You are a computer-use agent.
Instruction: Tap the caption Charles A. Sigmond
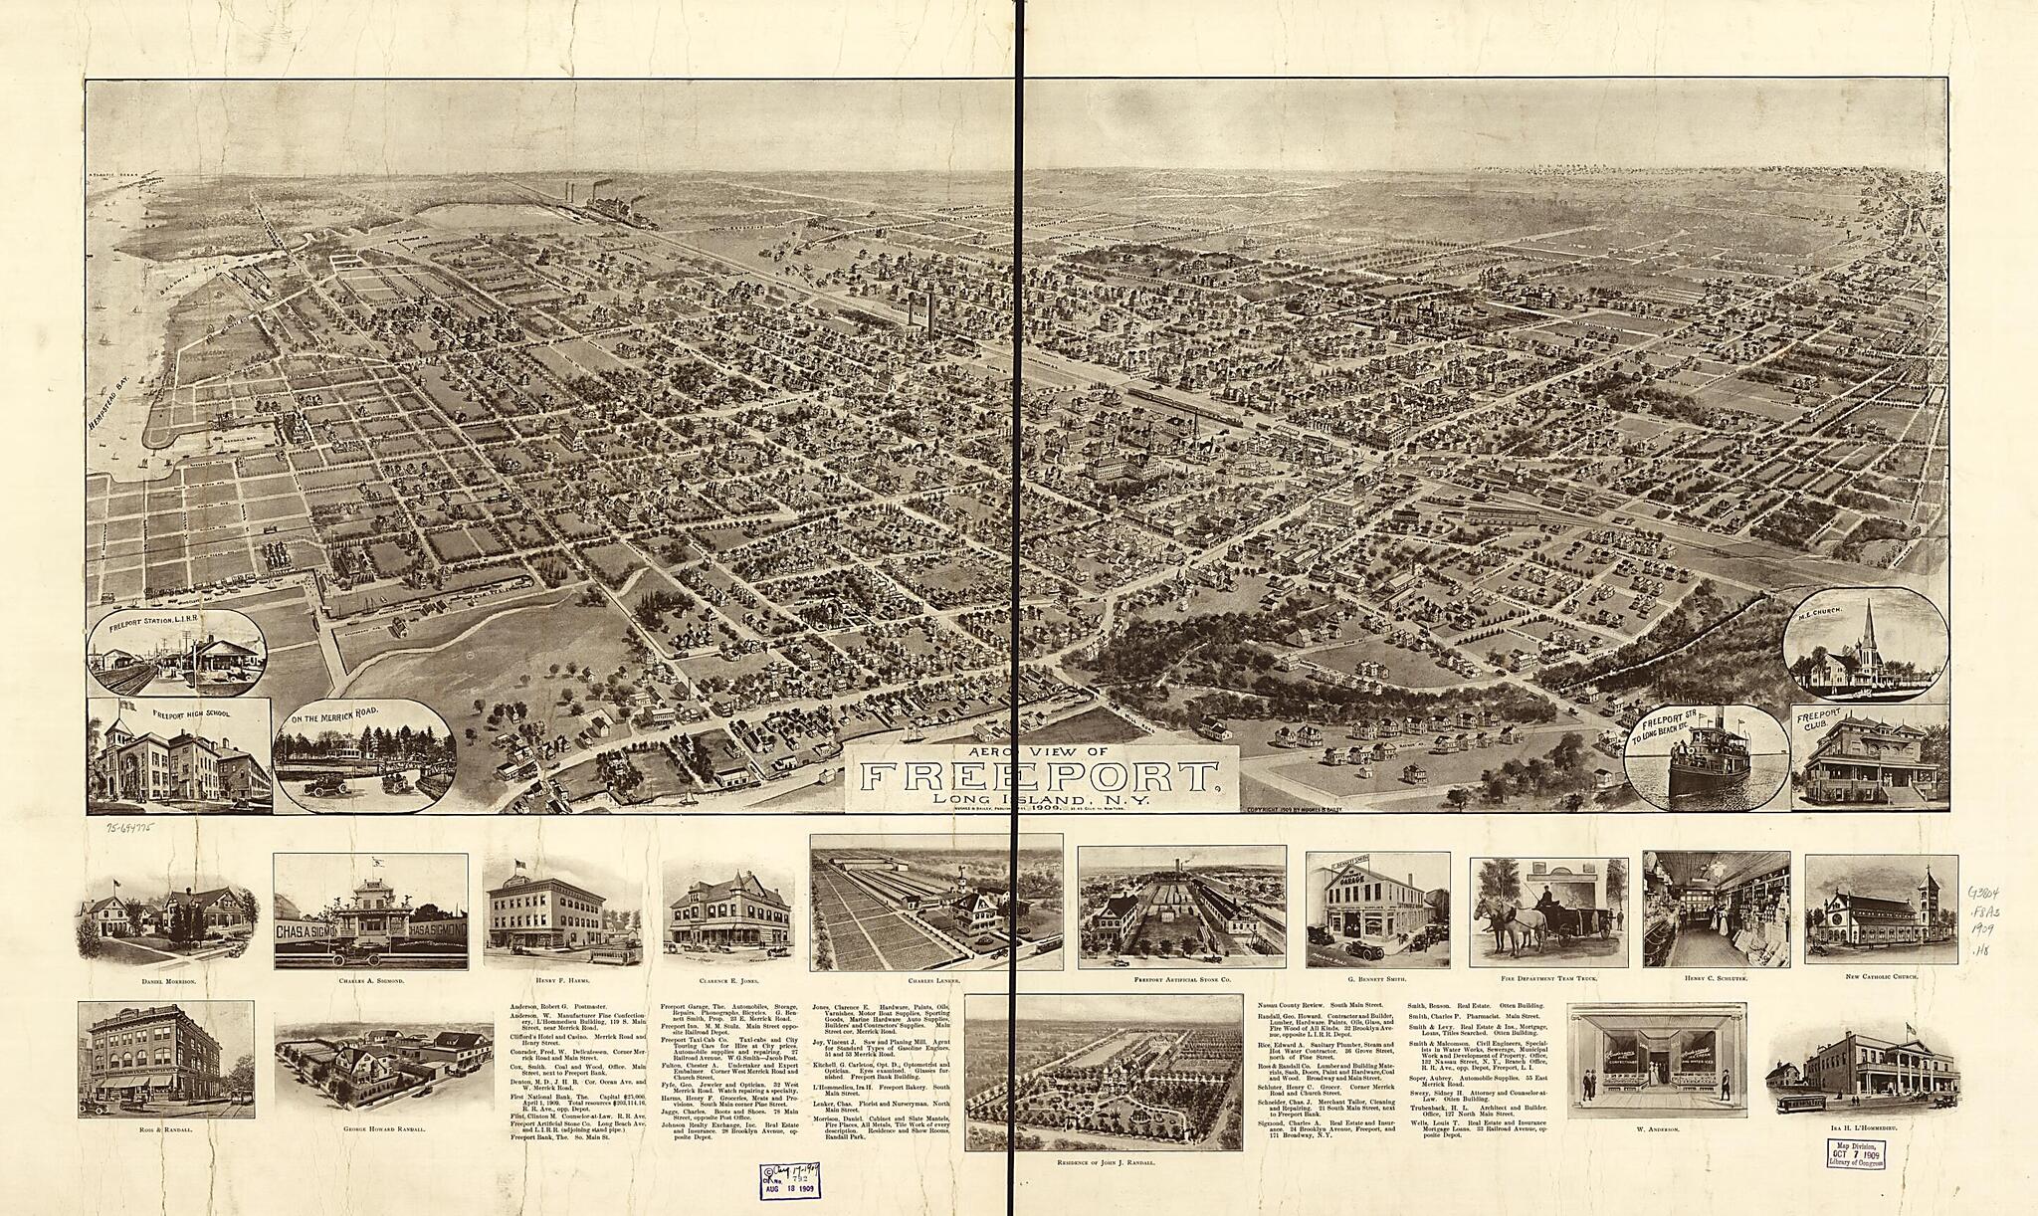coord(370,981)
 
